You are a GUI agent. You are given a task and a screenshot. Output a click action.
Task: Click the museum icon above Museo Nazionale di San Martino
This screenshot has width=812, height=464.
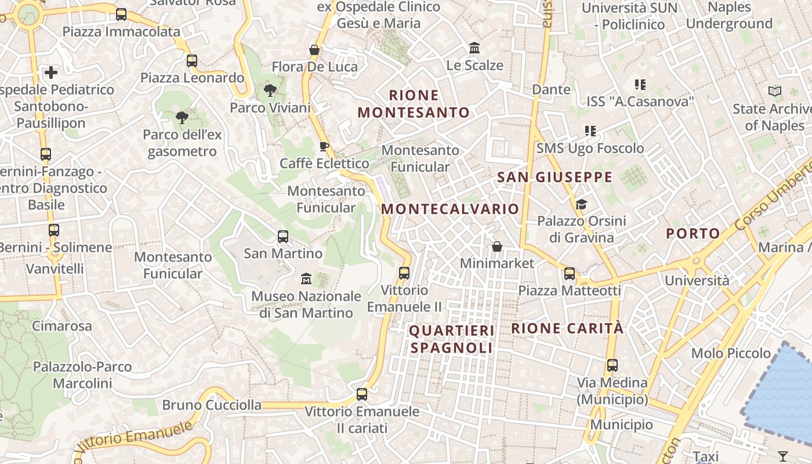[x=306, y=279]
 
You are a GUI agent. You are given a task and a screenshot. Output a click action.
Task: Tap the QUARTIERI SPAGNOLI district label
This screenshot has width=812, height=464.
[x=452, y=339]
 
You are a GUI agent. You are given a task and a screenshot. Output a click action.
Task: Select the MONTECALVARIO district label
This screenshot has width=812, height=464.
[x=450, y=209]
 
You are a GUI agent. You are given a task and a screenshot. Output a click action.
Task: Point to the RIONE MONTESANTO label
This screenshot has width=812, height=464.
[x=414, y=104]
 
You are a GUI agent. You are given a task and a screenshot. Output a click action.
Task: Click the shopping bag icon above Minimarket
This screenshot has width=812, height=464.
[x=497, y=247]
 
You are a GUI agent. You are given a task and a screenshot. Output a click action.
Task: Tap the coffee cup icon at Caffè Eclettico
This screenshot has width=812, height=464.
[x=324, y=146]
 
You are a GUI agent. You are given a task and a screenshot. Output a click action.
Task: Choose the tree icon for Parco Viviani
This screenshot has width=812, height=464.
[x=270, y=90]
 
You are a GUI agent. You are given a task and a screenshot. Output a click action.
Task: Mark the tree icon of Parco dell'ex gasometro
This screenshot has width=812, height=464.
[x=182, y=118]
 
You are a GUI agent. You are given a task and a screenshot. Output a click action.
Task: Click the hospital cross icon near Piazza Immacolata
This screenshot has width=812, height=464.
[x=51, y=72]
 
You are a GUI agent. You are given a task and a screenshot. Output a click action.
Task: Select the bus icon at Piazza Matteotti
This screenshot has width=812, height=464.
[x=570, y=274]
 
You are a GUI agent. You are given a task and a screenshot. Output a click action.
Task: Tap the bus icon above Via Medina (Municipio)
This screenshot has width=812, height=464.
[x=612, y=365]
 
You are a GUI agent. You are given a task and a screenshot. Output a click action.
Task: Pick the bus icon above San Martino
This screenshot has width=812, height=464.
[x=283, y=237]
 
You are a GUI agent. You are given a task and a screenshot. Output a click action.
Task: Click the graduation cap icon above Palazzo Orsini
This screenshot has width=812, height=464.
[x=581, y=204]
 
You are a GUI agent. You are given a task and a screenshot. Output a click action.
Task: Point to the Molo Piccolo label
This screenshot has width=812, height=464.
[x=731, y=353]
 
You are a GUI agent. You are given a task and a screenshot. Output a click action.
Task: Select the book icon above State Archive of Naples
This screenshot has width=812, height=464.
[x=774, y=92]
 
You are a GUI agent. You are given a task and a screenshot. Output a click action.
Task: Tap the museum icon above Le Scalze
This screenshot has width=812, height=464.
[x=474, y=48]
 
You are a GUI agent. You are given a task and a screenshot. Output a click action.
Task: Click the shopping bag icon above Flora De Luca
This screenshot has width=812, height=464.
[x=314, y=50]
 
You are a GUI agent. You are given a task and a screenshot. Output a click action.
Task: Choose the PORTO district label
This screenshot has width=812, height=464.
[x=693, y=234]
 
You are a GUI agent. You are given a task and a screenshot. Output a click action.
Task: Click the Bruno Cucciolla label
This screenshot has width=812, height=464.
[x=212, y=405]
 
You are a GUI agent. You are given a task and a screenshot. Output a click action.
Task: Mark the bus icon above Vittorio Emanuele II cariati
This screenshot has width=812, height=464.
[x=362, y=394]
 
